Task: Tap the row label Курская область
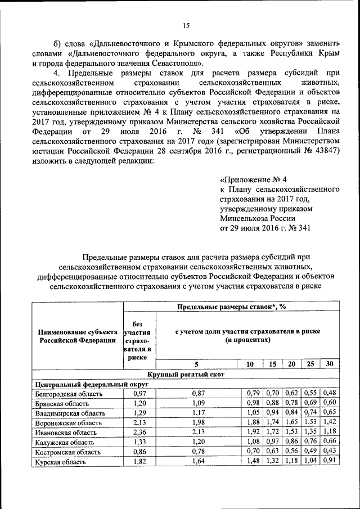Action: click(60, 462)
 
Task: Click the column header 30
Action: click(330, 364)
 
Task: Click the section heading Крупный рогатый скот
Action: click(184, 374)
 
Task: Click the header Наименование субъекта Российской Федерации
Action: click(78, 336)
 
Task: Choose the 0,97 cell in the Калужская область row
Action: click(273, 442)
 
